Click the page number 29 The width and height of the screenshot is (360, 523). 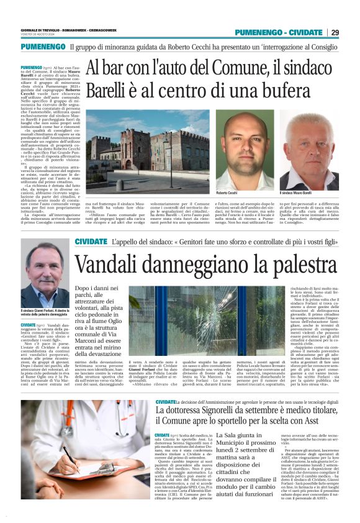(335, 32)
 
